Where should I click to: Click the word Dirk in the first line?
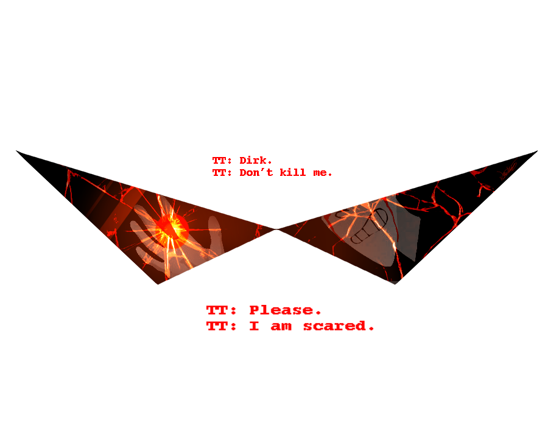[x=255, y=160]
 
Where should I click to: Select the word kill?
[x=292, y=172]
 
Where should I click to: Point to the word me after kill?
[x=323, y=173]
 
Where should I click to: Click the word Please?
[x=285, y=310]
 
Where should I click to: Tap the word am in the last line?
[x=281, y=327]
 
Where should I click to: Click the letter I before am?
[x=254, y=326]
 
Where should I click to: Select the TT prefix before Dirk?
[x=222, y=161]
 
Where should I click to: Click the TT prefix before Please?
[x=221, y=310]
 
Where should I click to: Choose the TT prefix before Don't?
[x=222, y=172]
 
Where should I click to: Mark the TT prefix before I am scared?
[x=221, y=326]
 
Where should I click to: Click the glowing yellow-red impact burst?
[x=171, y=228]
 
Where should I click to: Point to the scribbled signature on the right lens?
[x=508, y=170]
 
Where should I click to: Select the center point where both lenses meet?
[x=276, y=229]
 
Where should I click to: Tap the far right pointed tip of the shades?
[x=538, y=151]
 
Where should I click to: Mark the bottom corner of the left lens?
[x=158, y=284]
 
